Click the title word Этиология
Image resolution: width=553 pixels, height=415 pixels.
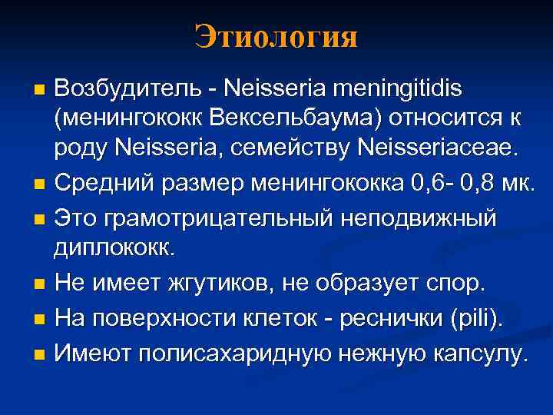276,36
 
